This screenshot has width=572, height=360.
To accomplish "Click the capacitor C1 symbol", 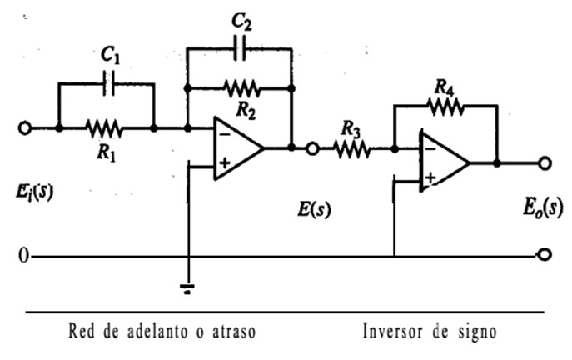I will coord(107,83).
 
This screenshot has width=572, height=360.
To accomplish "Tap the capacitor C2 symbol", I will coord(239,48).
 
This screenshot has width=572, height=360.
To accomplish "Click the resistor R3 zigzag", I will coord(351,149).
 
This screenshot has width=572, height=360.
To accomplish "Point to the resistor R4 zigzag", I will coord(445,105).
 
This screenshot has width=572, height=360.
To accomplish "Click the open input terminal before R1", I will coord(25,127).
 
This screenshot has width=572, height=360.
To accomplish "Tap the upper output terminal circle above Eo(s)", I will coord(545,163).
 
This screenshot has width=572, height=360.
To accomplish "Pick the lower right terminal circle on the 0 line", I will coord(545,255).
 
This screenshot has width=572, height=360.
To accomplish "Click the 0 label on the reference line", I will coord(22,255).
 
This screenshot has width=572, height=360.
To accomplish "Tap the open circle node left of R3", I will coord(313,149).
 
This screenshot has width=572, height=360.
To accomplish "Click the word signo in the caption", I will coord(477,331).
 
